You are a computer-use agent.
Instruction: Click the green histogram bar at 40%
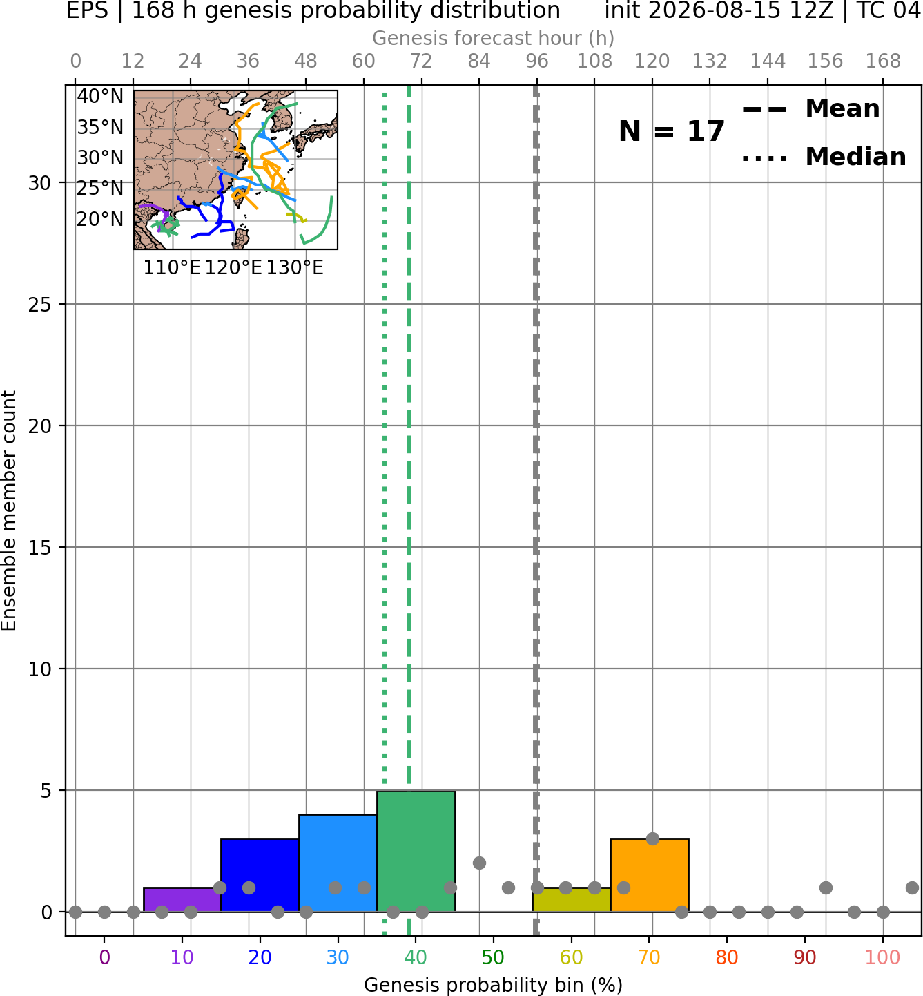pos(416,851)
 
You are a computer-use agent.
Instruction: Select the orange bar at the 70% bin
pos(649,875)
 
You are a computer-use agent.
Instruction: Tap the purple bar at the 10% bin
pos(182,900)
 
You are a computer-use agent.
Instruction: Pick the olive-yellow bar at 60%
pos(572,900)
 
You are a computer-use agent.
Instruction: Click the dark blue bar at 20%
pos(260,875)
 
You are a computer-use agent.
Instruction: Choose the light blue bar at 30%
pos(338,863)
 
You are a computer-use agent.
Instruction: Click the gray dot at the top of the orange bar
pos(652,839)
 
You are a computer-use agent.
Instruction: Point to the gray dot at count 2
pos(479,863)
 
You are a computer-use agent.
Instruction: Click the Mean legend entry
pos(810,109)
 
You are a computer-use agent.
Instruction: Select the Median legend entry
pos(824,157)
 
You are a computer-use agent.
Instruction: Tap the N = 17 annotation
pos(671,131)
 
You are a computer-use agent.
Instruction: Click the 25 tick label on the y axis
pos(40,305)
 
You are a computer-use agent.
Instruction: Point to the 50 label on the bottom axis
pos(494,957)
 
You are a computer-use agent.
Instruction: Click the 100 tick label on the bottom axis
pos(883,957)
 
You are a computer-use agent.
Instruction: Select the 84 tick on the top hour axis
pos(479,61)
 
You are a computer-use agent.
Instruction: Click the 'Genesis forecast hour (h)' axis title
pos(494,38)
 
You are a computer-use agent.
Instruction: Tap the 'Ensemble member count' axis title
pos(8,510)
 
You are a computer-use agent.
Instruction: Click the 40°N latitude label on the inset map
pos(100,96)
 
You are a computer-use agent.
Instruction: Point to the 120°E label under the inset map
pos(233,268)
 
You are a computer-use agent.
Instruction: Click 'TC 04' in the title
pos(889,10)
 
